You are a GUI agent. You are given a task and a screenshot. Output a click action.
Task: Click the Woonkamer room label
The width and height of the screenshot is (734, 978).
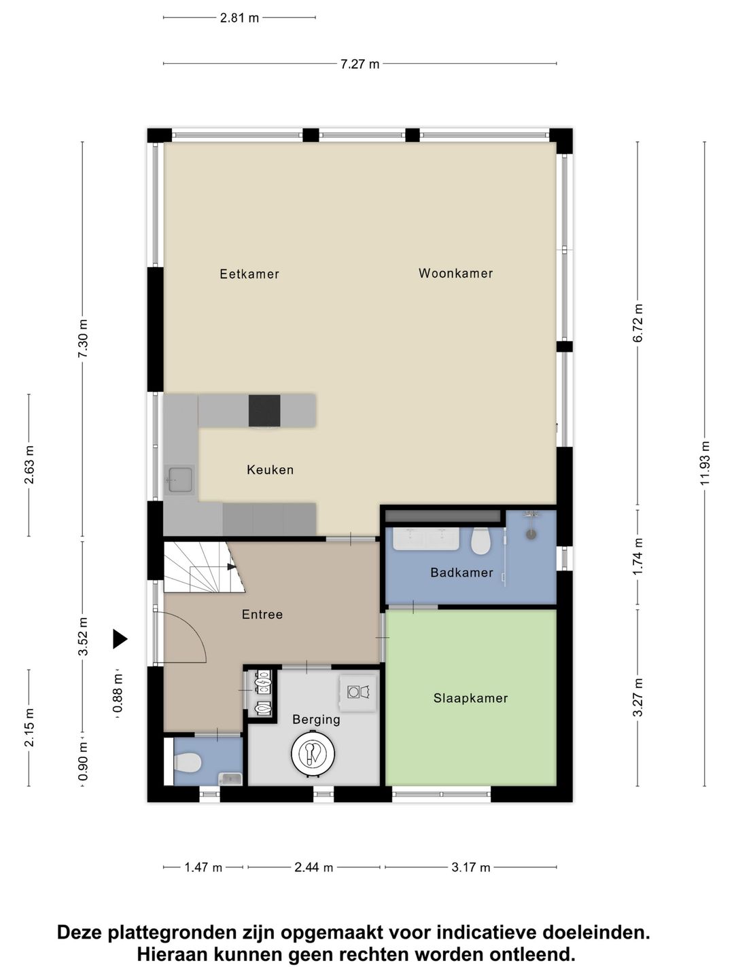click(x=455, y=273)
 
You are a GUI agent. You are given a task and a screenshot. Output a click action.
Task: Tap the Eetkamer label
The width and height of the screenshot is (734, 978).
click(x=249, y=274)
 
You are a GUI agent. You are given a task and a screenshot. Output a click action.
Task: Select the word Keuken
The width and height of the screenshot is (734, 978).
click(x=270, y=469)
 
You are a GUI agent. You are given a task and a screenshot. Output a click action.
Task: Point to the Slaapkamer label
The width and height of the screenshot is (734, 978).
click(x=470, y=698)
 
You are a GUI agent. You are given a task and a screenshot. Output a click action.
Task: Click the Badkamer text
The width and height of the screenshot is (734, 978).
click(x=461, y=573)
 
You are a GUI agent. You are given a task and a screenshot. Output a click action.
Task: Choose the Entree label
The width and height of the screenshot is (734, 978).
click(x=262, y=615)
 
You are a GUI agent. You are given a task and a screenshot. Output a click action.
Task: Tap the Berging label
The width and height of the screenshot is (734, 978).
click(x=316, y=719)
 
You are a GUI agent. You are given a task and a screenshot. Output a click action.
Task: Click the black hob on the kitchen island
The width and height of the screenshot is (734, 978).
click(x=265, y=410)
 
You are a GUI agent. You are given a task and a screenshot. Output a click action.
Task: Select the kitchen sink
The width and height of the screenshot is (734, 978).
click(x=179, y=480)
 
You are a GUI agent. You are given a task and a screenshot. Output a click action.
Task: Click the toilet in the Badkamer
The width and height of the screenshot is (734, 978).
click(x=480, y=541)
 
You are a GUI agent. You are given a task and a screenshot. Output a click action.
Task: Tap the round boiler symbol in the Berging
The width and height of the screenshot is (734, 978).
click(x=313, y=753)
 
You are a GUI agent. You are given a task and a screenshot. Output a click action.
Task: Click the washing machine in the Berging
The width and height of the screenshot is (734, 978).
click(x=358, y=692)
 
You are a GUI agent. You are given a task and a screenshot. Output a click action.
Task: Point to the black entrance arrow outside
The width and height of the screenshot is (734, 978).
click(x=120, y=639)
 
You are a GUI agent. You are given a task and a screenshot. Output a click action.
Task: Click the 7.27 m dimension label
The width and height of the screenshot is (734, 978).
click(x=360, y=64)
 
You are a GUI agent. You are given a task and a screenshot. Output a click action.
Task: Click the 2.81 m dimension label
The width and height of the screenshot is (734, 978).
click(x=239, y=18)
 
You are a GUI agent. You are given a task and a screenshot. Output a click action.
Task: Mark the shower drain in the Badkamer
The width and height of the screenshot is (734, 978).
click(x=531, y=535)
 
